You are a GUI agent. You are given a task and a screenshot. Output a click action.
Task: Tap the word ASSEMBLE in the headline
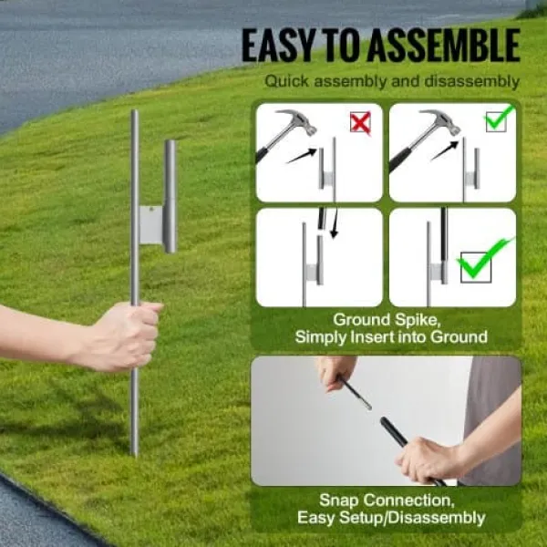[x=443, y=46]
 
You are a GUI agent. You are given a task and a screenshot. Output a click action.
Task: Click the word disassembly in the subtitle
[x=471, y=82]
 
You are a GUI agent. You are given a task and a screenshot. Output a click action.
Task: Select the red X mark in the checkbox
[x=360, y=123]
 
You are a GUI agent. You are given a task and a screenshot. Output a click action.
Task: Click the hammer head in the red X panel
[x=299, y=121]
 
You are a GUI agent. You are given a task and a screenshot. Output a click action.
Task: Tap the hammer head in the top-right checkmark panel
[x=442, y=121]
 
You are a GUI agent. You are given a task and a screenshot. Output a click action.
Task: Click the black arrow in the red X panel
[x=302, y=155]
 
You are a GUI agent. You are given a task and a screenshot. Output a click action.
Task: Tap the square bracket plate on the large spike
[x=151, y=225]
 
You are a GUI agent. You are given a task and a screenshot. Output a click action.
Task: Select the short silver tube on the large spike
[x=170, y=196]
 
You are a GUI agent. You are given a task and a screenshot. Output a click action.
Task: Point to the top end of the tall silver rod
[x=135, y=111]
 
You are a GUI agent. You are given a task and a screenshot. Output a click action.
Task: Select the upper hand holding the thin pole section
[x=335, y=373]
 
